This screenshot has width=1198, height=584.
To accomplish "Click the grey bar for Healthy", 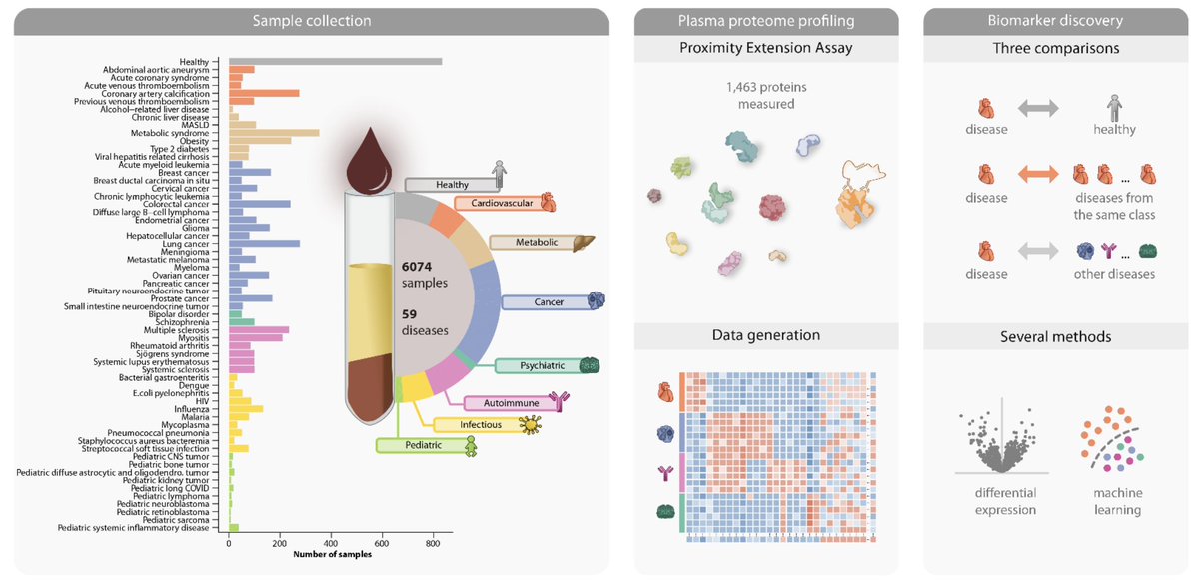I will (x=335, y=62).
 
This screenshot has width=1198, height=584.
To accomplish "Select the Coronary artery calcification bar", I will (x=264, y=93).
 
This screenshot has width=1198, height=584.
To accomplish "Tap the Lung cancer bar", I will (x=264, y=243).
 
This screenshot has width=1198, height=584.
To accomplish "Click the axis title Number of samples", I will (x=332, y=555).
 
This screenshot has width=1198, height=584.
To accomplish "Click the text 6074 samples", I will (x=424, y=275).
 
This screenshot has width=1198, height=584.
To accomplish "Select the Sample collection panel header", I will (x=312, y=20).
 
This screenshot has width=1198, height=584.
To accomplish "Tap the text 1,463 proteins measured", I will (x=766, y=96).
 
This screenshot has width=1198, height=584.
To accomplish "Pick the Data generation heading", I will (x=766, y=335).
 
